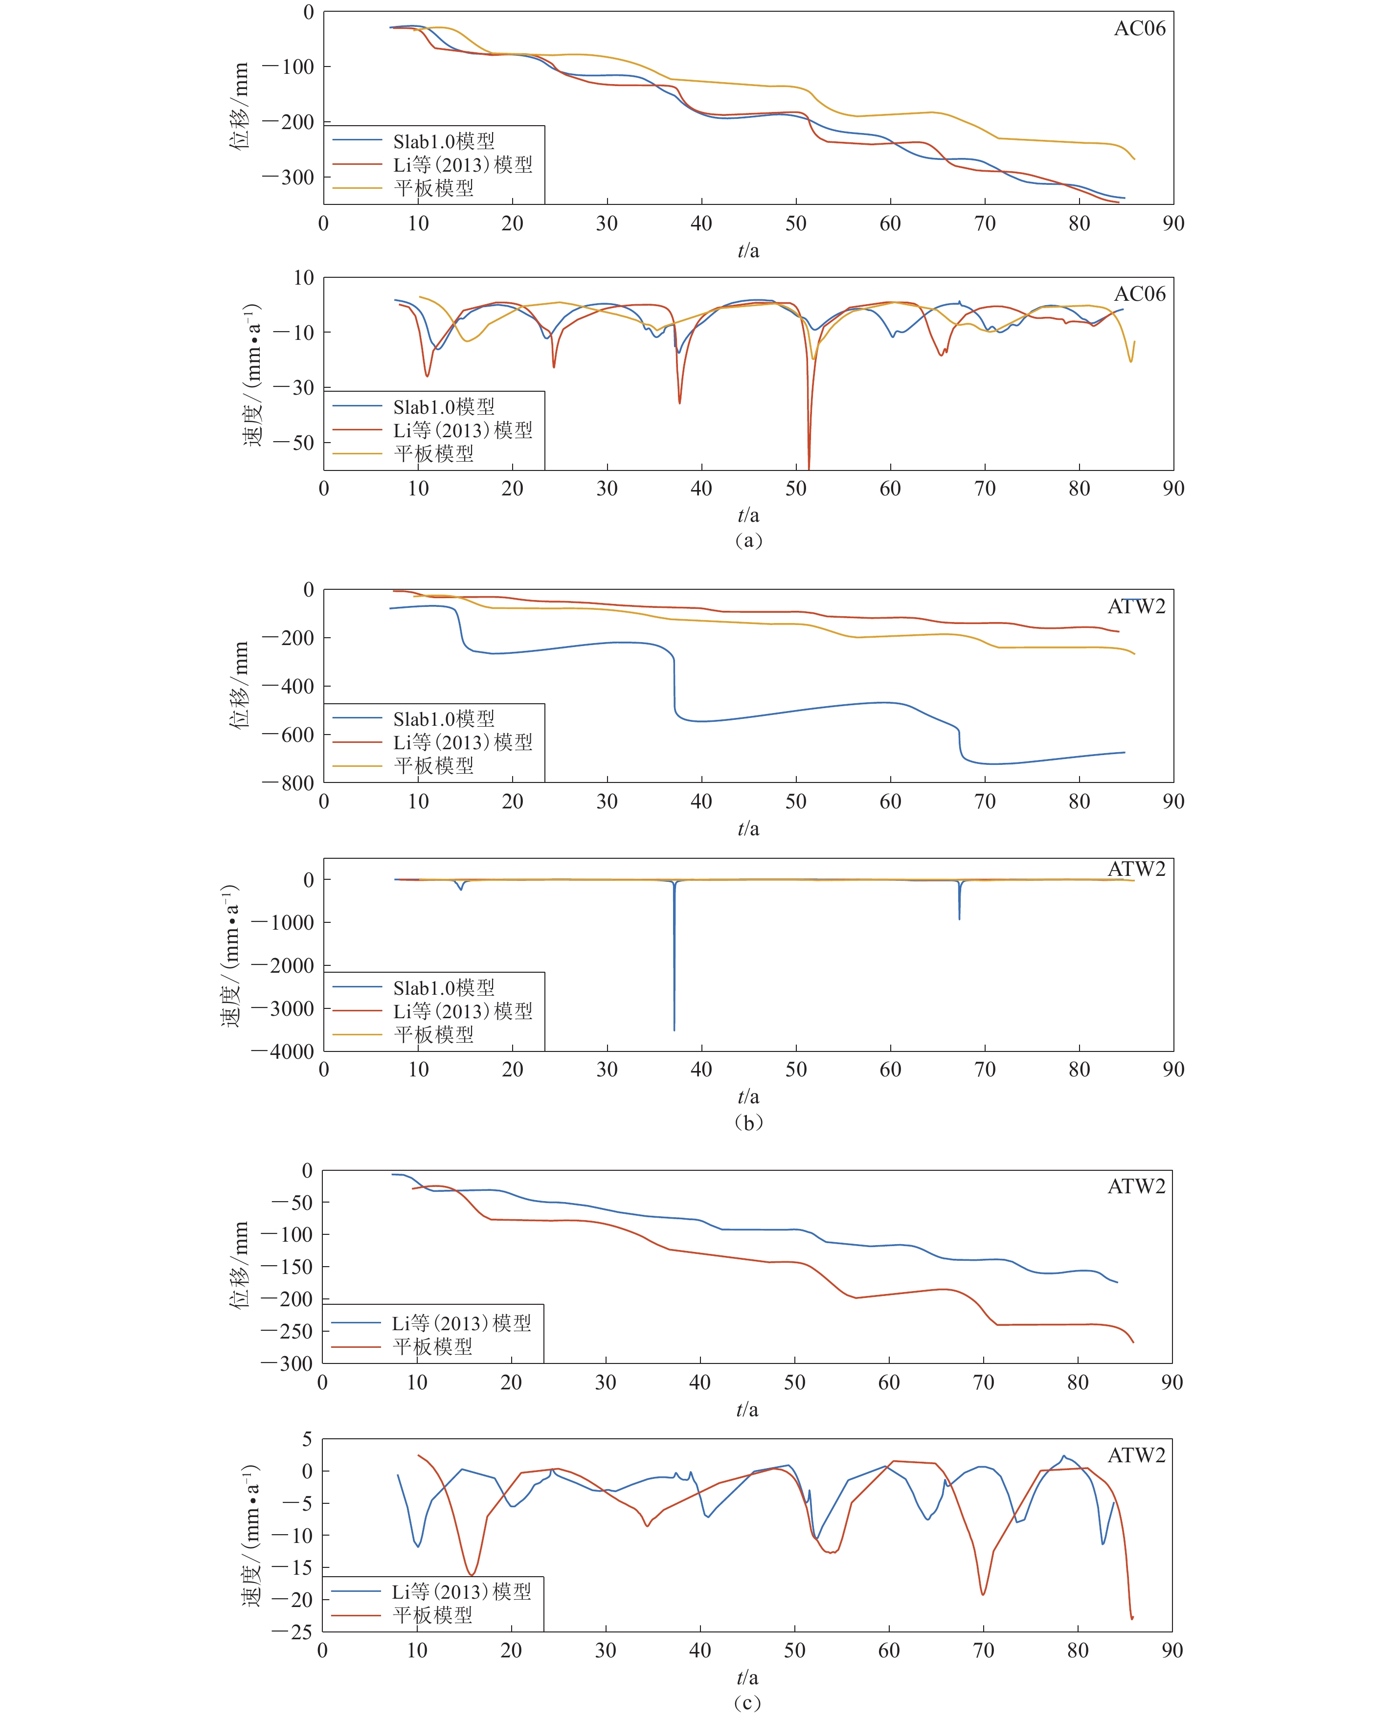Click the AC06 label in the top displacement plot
(1139, 29)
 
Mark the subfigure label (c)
(746, 1703)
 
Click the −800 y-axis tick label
(287, 782)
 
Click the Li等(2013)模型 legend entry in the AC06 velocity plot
(462, 430)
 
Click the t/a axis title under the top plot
(748, 251)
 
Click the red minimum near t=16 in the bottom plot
(472, 1574)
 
